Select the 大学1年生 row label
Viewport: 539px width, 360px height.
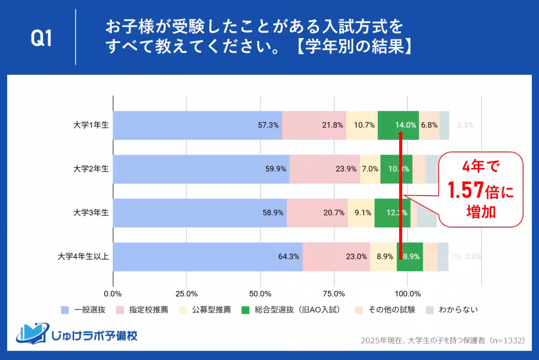pos(91,125)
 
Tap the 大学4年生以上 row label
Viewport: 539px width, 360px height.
pos(84,257)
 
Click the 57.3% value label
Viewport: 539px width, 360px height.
pos(268,125)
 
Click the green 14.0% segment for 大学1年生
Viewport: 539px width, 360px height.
pos(398,125)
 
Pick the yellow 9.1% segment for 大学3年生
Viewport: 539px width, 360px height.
pos(361,213)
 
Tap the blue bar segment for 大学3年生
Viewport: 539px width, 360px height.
pos(199,213)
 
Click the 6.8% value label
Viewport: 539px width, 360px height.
pos(429,125)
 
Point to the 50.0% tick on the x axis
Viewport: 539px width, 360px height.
pos(260,294)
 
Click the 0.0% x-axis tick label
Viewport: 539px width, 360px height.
pos(113,294)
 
